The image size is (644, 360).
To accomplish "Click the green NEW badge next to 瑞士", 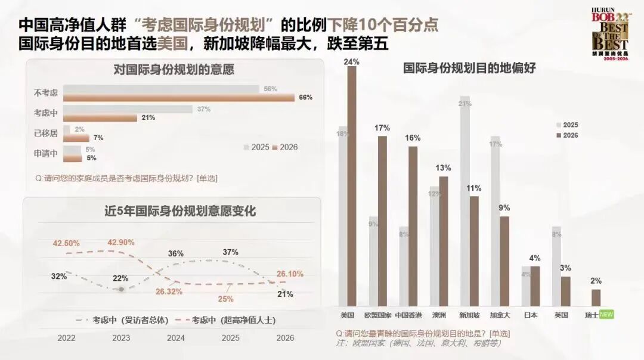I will pos(606,315).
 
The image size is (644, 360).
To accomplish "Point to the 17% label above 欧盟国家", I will pos(382,128).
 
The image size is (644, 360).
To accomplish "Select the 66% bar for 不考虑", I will pos(179,97).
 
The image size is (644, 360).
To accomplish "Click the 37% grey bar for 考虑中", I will pos(128,109).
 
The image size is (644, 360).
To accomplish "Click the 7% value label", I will pos(98,138).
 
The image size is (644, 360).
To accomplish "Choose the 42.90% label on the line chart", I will pos(121,243).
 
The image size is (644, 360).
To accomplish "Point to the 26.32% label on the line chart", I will pos(169,292).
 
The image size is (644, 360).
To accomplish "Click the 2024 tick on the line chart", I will pos(175,338).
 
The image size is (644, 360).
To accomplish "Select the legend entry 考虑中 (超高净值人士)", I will pos(227,320).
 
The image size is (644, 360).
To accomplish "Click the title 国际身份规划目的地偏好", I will pos(469,69).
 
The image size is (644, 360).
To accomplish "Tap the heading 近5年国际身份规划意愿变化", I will pos(172,211).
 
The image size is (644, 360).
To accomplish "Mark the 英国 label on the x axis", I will pos(561,315).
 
